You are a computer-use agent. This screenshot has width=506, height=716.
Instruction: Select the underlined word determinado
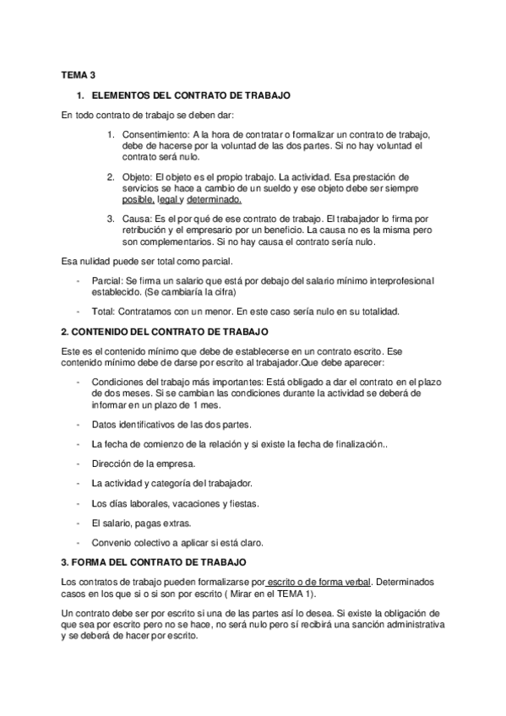[214, 200]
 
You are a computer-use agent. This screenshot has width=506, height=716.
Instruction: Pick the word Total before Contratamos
[103, 311]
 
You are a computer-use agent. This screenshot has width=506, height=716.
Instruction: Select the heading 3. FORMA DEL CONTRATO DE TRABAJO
[155, 561]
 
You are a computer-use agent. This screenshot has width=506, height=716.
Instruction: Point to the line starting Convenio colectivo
[177, 542]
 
